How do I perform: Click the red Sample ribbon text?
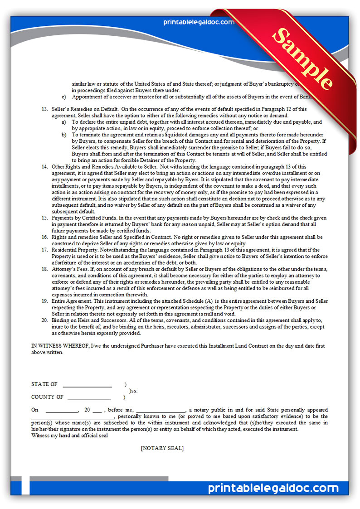tap(302, 59)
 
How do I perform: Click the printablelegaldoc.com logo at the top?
tap(194, 22)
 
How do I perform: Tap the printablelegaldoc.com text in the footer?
tap(273, 488)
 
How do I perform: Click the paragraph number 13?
tap(44, 109)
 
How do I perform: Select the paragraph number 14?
tap(44, 167)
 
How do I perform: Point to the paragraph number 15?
tap(44, 218)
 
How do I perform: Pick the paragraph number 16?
tap(44, 237)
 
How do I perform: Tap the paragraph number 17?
tap(44, 250)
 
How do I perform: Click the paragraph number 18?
tap(44, 269)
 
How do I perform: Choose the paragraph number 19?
tap(44, 301)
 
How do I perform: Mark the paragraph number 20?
tap(44, 320)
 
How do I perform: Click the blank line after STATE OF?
tap(87, 385)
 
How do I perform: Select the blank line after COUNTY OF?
tap(89, 398)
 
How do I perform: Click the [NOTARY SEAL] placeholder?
tap(162, 448)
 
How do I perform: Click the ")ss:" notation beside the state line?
tap(133, 391)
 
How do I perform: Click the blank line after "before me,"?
tap(160, 410)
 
